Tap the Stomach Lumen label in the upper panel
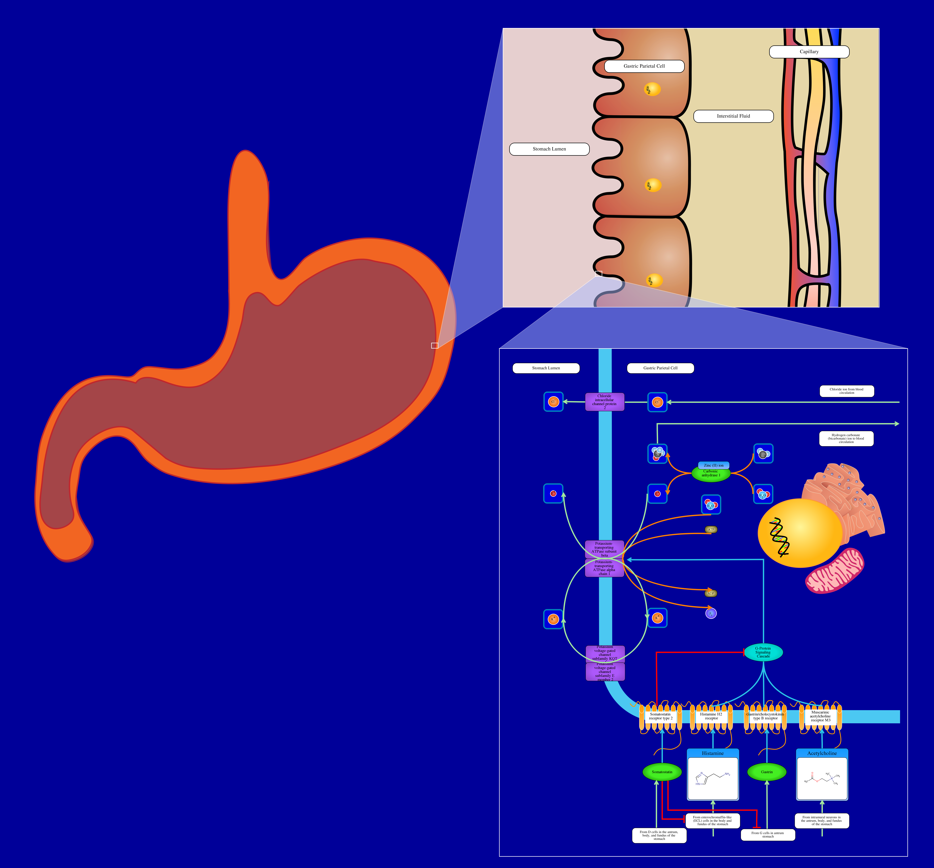click(x=549, y=149)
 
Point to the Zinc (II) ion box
click(x=714, y=465)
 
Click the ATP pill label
click(x=711, y=529)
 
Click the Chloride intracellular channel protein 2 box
click(x=605, y=402)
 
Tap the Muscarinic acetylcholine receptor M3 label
click(x=820, y=716)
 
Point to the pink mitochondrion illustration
click(x=834, y=571)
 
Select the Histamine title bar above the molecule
click(x=713, y=753)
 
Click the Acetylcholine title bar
click(x=822, y=753)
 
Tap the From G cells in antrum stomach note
click(x=768, y=834)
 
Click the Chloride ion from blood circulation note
click(x=847, y=391)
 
